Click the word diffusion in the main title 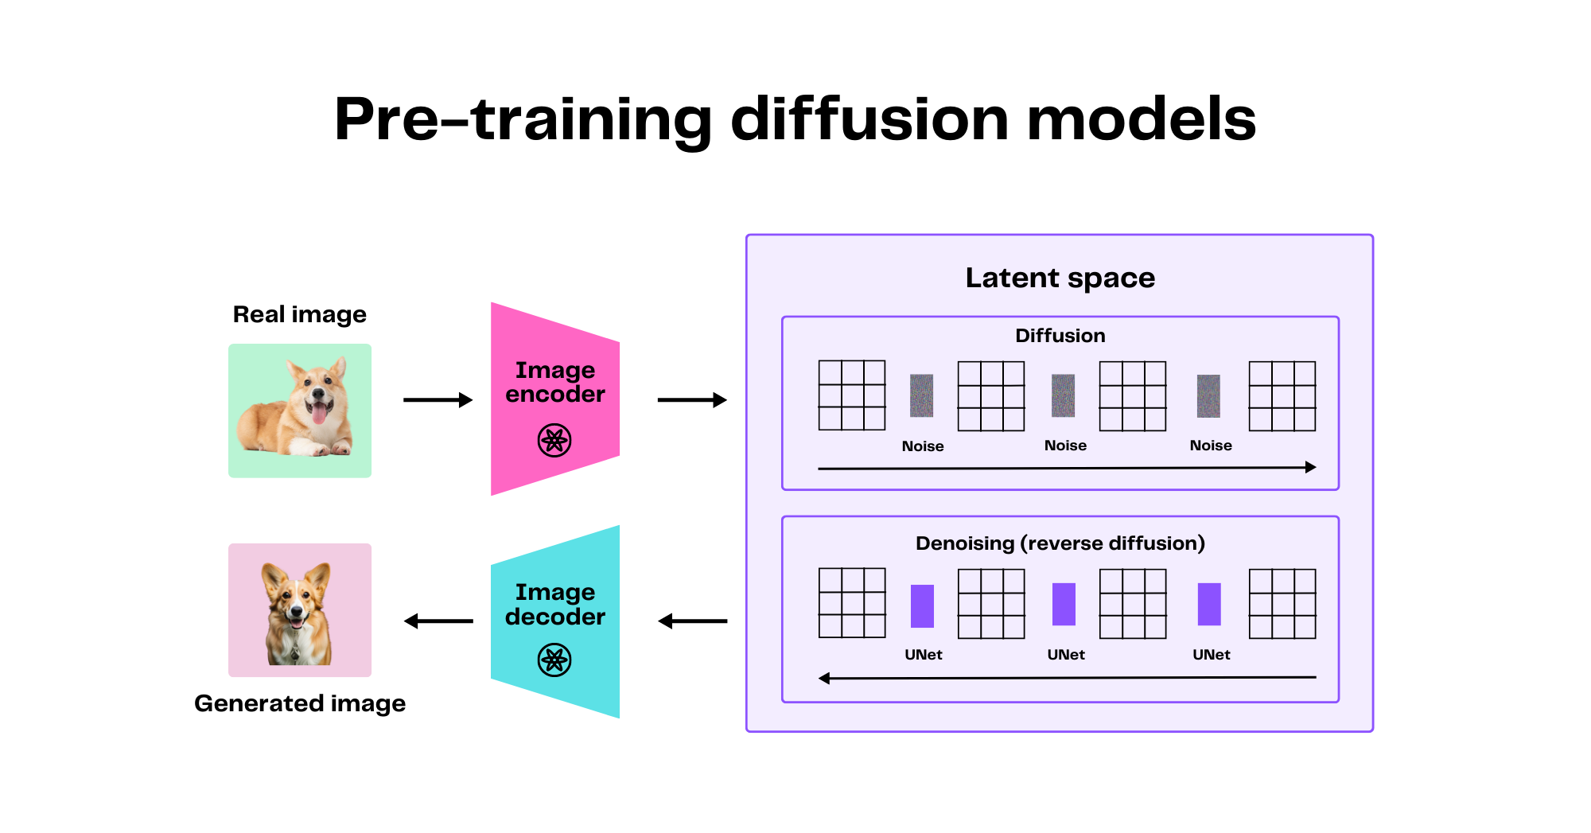point(869,119)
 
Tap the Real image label point(299,314)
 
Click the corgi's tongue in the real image point(318,414)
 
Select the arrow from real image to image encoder point(438,399)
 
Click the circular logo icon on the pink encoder point(554,440)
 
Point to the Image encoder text point(554,382)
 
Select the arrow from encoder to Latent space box point(692,399)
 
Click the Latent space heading point(1060,278)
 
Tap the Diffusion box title point(1060,336)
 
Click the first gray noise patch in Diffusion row point(921,395)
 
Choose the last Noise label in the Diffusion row point(1210,446)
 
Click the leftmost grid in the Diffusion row point(852,395)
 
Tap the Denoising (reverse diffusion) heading point(1060,543)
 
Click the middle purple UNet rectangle point(1064,605)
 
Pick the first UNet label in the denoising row point(923,655)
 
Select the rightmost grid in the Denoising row point(1282,604)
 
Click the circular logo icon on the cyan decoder point(554,660)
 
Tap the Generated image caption point(299,703)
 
